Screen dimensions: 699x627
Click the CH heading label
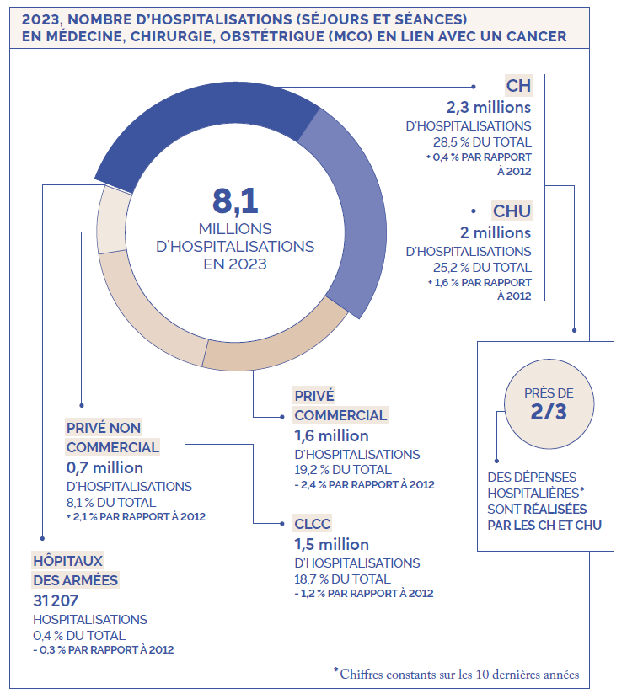coord(518,85)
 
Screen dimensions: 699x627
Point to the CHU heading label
coord(512,211)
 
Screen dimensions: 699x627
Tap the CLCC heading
coord(313,523)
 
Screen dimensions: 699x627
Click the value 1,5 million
coord(332,544)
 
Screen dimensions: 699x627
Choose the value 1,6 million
coord(332,435)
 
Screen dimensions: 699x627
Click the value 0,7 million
coord(104,467)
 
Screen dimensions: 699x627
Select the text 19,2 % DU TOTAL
coord(343,469)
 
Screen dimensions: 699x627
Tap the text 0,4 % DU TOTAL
coord(79,635)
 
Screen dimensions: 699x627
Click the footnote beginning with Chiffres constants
coord(458,674)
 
